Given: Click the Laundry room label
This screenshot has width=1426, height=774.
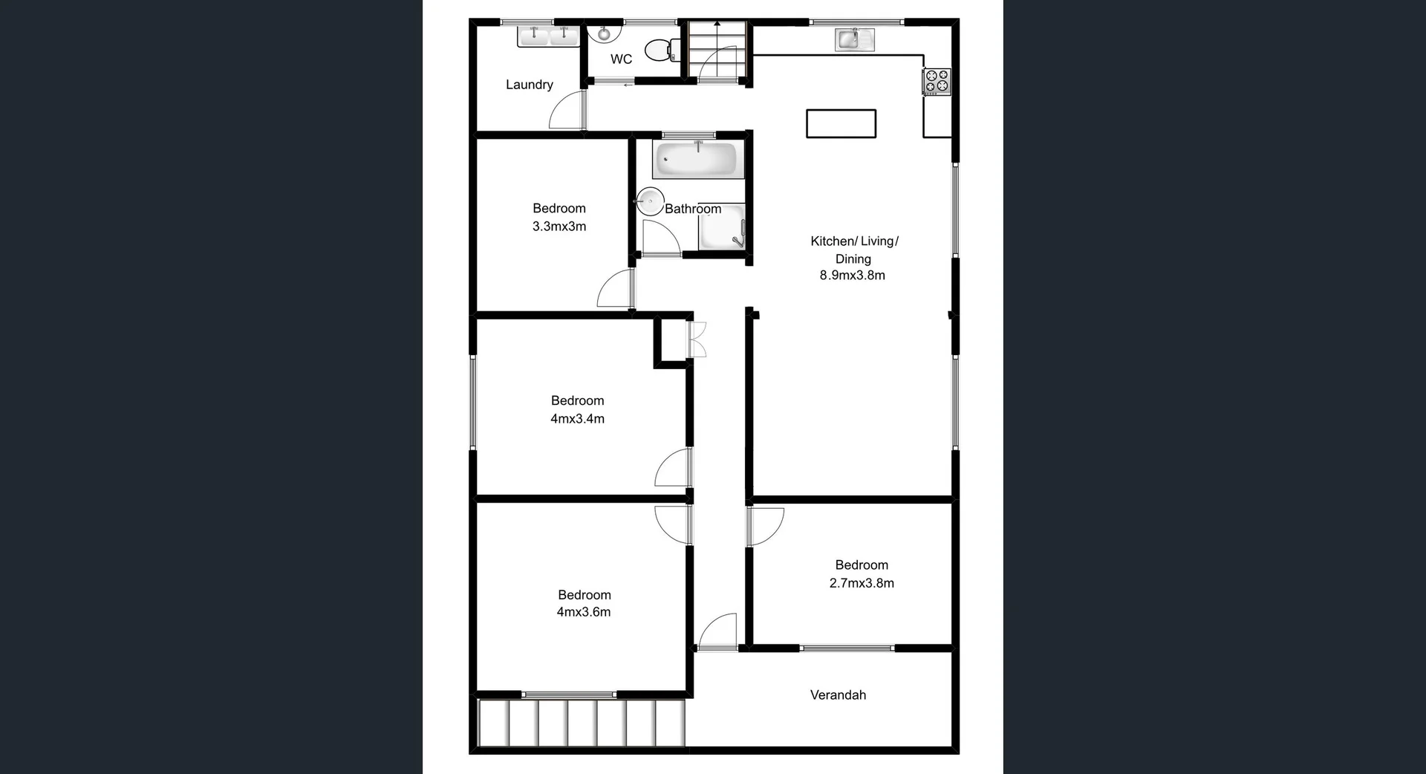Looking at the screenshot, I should (x=529, y=85).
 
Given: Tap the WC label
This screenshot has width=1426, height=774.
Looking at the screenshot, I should (x=621, y=59).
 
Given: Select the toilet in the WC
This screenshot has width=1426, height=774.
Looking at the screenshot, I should (x=660, y=50).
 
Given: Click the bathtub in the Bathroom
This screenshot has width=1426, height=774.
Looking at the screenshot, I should (x=698, y=160).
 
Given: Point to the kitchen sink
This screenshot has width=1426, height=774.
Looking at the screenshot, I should (x=854, y=39).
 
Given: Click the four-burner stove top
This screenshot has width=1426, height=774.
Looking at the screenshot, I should (x=937, y=81).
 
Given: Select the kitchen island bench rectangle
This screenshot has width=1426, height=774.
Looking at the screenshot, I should (x=841, y=123).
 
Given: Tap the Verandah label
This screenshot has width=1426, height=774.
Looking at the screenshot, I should (x=838, y=695).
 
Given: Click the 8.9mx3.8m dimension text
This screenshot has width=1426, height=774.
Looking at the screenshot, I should (x=852, y=276).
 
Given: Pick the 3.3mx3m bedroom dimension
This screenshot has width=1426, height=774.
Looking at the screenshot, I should (x=559, y=227).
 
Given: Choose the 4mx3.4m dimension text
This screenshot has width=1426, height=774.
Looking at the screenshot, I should (x=577, y=419).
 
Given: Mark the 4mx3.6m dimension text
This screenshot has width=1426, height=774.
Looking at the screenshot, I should (x=584, y=612).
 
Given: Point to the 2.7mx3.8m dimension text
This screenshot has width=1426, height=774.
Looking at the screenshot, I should (x=862, y=583).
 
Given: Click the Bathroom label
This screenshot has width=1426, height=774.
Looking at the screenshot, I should (x=692, y=209).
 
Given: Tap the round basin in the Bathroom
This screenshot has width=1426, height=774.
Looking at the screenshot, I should (x=651, y=201).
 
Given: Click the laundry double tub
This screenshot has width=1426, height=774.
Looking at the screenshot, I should (x=548, y=35).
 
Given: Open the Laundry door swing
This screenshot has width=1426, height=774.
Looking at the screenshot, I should (x=567, y=111).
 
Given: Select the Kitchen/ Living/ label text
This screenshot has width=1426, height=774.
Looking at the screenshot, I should (x=854, y=241).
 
